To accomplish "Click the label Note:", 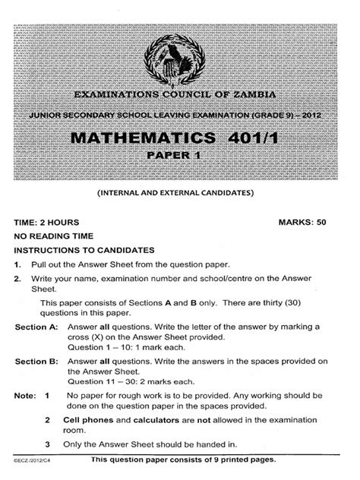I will pos(24,396).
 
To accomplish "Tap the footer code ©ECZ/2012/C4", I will pos(30,461).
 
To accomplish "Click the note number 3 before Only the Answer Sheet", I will pos(47,444).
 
